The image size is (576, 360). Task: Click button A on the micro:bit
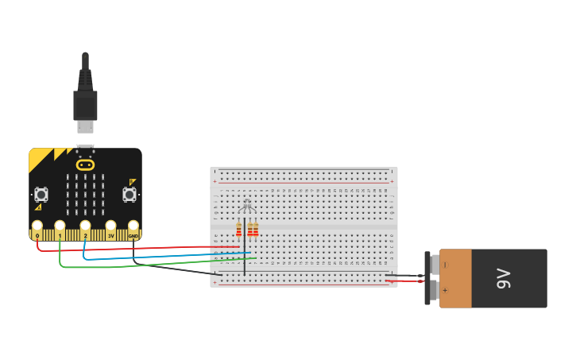point(41,194)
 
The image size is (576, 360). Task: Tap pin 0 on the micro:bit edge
point(37,234)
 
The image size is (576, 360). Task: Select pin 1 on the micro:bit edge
point(60,234)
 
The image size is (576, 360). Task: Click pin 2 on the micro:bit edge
point(85,234)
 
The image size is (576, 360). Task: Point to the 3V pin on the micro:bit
point(110,234)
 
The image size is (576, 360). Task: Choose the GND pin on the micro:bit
point(133,234)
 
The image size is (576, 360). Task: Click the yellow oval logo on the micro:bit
point(85,165)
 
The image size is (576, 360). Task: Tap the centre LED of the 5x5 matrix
point(85,195)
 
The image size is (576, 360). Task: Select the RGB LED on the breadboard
point(246,207)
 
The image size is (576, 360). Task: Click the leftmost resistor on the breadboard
point(238,229)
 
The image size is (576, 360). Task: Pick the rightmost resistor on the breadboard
point(256,229)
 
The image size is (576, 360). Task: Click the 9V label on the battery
point(504,278)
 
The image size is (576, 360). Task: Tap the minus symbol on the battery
point(445,265)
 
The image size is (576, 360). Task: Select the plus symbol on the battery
point(445,291)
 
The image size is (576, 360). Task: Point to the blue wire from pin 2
point(159,257)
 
